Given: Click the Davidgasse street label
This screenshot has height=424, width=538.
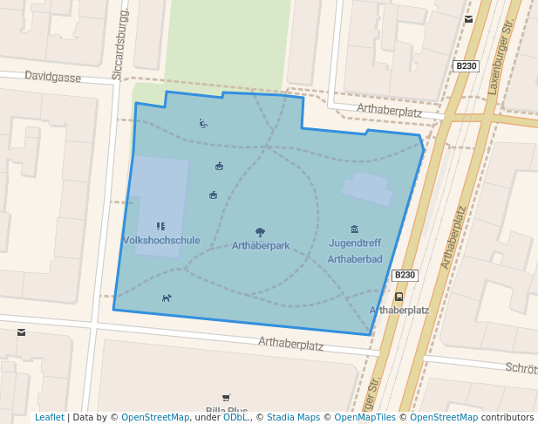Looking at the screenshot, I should (53, 78).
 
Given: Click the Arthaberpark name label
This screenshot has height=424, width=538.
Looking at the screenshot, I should (261, 246).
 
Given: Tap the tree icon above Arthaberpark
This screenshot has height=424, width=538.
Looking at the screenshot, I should (260, 232).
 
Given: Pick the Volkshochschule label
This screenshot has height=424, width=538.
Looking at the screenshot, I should (161, 240).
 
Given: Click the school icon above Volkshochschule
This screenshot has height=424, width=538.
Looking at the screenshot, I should (160, 227).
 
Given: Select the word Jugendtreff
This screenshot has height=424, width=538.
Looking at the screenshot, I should (355, 243).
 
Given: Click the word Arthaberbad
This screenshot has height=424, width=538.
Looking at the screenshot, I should (355, 259).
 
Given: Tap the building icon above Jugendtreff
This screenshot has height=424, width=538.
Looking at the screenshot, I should (354, 229).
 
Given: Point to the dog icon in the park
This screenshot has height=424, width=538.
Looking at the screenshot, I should (167, 298).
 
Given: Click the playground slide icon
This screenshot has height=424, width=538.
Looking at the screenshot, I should (203, 124).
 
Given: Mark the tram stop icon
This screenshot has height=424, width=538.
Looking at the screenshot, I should (399, 297).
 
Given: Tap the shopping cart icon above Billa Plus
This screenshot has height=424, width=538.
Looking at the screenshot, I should (226, 398).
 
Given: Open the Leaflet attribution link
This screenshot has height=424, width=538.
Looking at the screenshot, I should (49, 418).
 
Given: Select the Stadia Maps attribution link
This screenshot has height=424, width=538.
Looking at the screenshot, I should (293, 418).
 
